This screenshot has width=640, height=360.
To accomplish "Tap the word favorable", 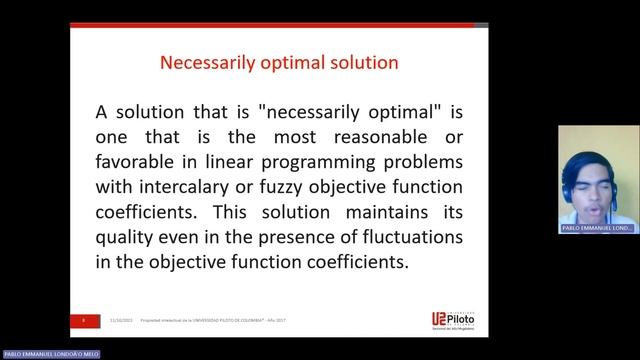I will pyautogui.click(x=138, y=161).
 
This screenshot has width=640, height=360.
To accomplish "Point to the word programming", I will pyautogui.click(x=341, y=161).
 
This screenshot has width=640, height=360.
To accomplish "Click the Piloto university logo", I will pyautogui.click(x=440, y=320).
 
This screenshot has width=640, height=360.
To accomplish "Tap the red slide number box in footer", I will pyautogui.click(x=85, y=321).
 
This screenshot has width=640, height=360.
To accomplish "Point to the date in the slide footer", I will pyautogui.click(x=122, y=322).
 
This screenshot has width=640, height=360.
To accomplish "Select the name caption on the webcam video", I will pyautogui.click(x=598, y=228).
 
